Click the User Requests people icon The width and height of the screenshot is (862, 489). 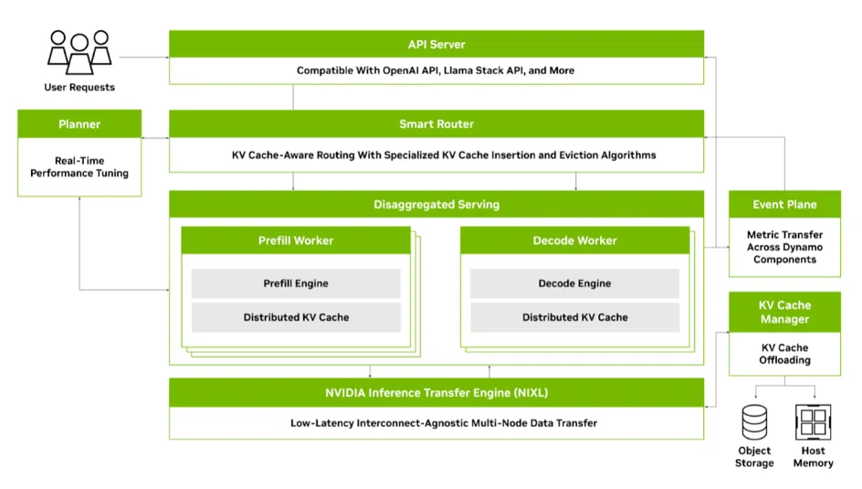[79, 52]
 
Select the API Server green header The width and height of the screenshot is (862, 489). [436, 45]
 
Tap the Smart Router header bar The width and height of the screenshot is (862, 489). [436, 124]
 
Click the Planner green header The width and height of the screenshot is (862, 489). [79, 124]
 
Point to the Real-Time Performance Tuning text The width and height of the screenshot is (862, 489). [79, 166]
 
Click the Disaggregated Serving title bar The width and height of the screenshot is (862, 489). [436, 205]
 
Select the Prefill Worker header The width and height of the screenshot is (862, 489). [295, 240]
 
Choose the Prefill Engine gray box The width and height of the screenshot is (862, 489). [295, 283]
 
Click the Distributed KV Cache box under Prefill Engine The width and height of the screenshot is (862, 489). [295, 317]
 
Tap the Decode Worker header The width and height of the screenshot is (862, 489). [574, 240]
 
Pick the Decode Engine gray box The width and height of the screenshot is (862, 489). [574, 283]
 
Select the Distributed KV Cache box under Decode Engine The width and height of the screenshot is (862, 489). [574, 317]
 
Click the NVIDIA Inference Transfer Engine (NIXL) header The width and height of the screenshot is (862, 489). [436, 393]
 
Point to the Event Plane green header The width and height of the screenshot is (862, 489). [784, 205]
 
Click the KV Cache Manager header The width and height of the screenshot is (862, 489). [784, 312]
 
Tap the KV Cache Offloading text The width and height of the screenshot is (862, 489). [784, 354]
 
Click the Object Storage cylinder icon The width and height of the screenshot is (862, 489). [754, 421]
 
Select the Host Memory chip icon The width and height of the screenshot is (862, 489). [812, 421]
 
